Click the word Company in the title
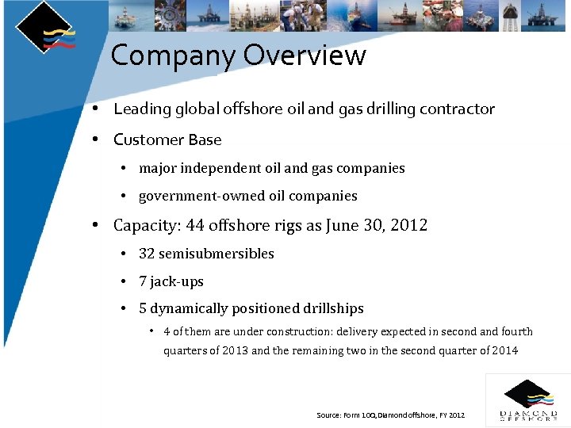tap(173, 56)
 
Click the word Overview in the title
tap(305, 56)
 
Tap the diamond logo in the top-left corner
tap(45, 28)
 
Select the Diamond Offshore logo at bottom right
tap(528, 400)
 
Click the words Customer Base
tap(167, 140)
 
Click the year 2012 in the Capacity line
tap(408, 225)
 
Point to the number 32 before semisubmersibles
tap(147, 254)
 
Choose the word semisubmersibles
tap(217, 254)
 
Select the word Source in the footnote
tap(328, 415)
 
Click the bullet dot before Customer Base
tap(94, 139)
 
